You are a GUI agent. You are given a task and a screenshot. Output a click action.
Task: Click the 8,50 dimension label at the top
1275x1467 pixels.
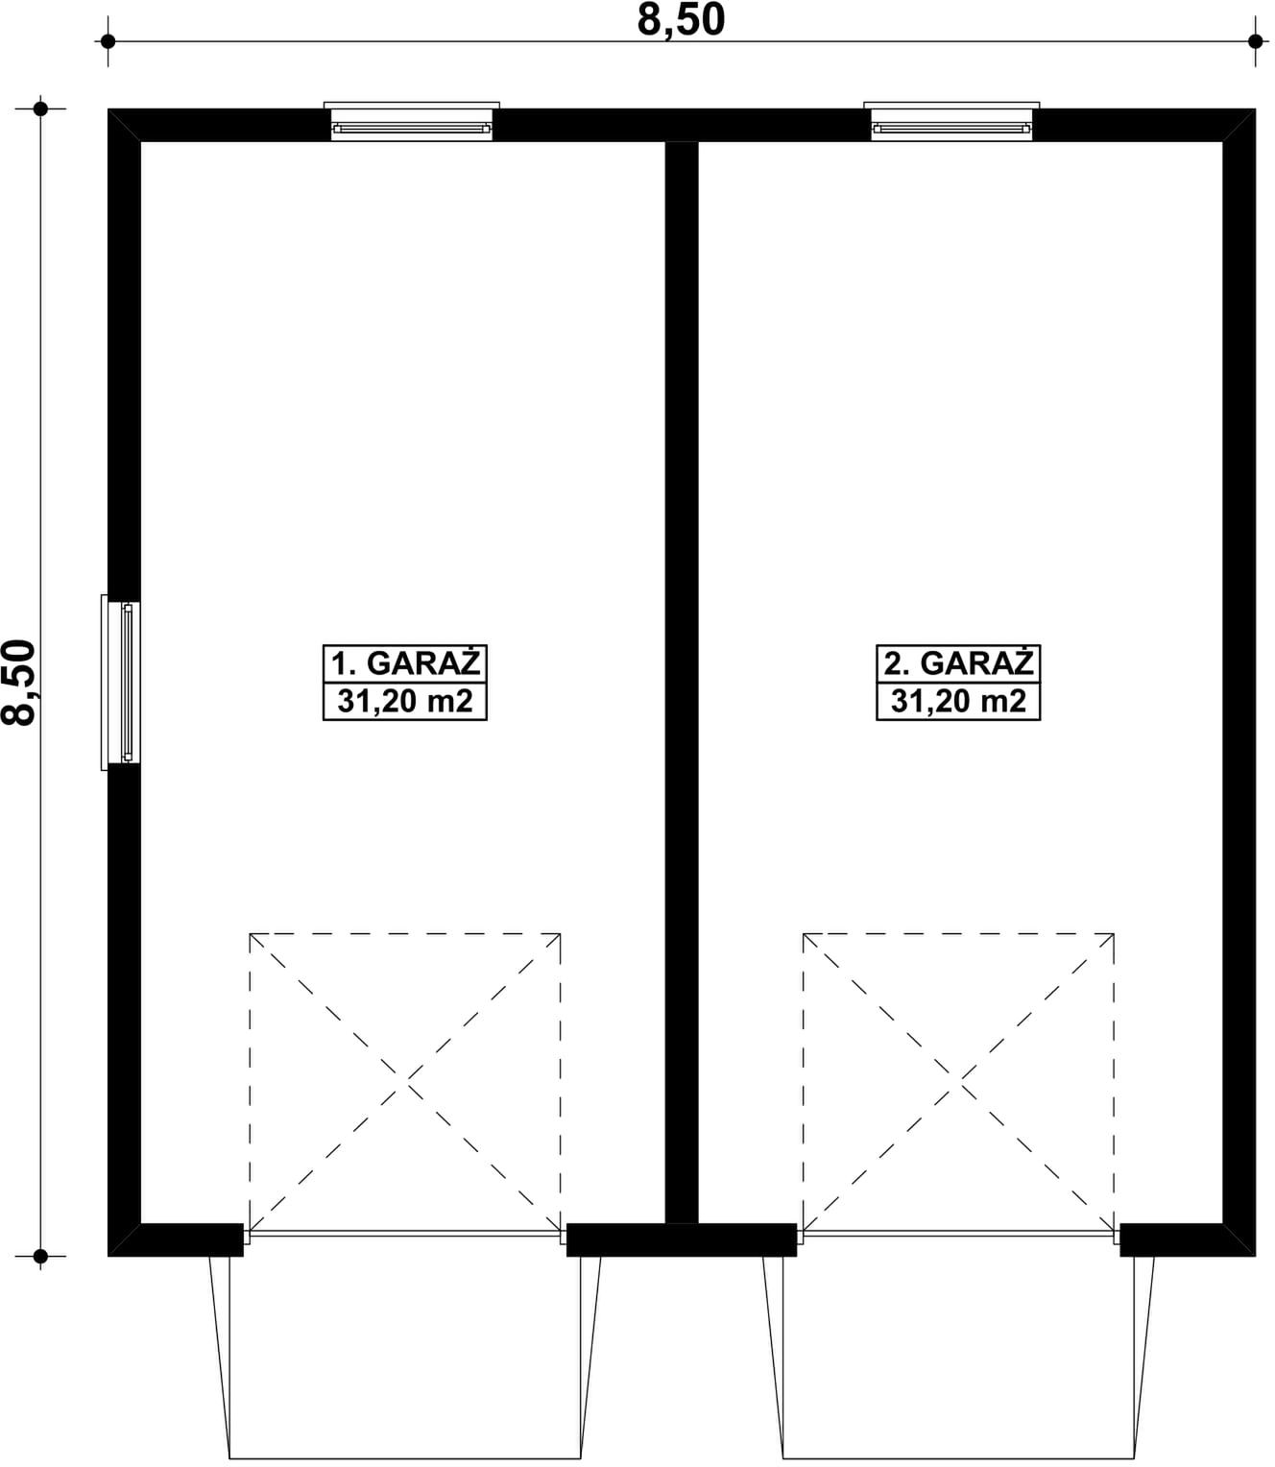681,20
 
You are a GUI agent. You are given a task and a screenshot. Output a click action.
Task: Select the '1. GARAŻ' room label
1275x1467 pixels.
404,663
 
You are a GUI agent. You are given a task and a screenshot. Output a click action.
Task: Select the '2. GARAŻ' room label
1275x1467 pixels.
958,663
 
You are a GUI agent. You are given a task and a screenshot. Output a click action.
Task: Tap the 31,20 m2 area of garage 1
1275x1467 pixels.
404,702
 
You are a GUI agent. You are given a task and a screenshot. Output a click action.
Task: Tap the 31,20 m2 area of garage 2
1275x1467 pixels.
958,702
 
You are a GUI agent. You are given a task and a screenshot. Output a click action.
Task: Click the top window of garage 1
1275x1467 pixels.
411,125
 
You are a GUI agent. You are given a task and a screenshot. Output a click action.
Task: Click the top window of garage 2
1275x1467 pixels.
951,125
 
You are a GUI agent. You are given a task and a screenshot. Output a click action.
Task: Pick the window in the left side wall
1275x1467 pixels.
125,682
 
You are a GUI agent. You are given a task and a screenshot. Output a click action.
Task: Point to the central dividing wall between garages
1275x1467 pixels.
681,672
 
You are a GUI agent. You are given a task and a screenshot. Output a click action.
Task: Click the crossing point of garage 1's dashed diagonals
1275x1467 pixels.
405,1083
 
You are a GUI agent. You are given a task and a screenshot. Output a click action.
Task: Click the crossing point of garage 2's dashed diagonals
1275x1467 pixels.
959,1083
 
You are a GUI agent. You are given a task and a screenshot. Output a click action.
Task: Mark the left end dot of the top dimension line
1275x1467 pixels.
108,41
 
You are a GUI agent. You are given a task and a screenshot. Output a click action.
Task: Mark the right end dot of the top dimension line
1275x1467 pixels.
1255,41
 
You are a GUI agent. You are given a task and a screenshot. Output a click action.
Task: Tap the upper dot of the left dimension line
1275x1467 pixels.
40,108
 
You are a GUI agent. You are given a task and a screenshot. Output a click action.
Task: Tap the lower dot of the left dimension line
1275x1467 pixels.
40,1255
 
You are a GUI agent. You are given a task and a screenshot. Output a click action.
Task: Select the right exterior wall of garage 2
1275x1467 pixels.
1239,672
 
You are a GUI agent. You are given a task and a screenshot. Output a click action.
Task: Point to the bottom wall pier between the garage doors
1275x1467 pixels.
681,1239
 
